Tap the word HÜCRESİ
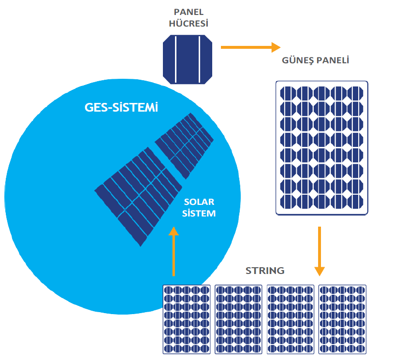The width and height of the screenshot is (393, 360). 189,23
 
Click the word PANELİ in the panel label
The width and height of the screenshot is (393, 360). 333,61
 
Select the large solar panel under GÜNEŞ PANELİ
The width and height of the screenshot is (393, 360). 322,147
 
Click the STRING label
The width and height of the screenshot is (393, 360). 265,271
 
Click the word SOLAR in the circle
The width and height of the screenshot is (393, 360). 199,202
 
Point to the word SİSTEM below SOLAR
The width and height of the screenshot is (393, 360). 199,213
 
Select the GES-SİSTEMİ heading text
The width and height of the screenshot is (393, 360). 121,108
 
